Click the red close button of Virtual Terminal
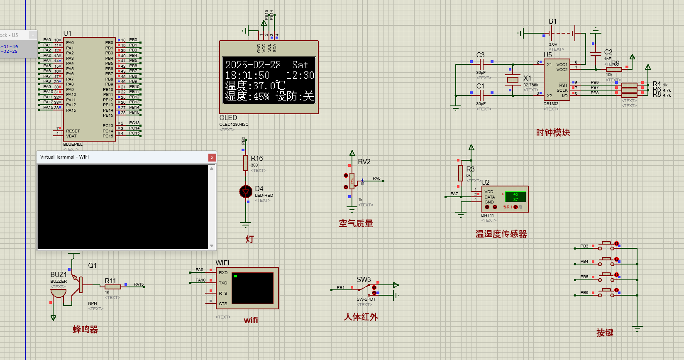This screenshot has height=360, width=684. [212, 157]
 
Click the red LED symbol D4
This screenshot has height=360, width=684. [246, 191]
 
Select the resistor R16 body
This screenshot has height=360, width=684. [246, 163]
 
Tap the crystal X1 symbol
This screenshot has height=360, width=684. [513, 79]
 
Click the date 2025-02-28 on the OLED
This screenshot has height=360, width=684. [253, 65]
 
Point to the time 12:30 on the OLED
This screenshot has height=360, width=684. [300, 75]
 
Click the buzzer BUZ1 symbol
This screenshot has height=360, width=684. [59, 292]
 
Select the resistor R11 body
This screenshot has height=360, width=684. [112, 287]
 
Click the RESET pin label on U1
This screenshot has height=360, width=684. [73, 131]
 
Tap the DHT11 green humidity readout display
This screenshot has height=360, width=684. [515, 196]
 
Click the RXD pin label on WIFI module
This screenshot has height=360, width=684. [223, 273]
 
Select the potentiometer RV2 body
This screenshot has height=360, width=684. [352, 181]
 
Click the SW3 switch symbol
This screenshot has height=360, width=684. [365, 287]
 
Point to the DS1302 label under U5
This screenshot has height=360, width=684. [551, 104]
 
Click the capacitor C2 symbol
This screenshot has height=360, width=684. [596, 54]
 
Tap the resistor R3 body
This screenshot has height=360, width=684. [461, 173]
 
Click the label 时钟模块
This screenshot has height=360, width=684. [553, 132]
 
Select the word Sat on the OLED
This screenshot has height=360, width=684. [300, 65]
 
